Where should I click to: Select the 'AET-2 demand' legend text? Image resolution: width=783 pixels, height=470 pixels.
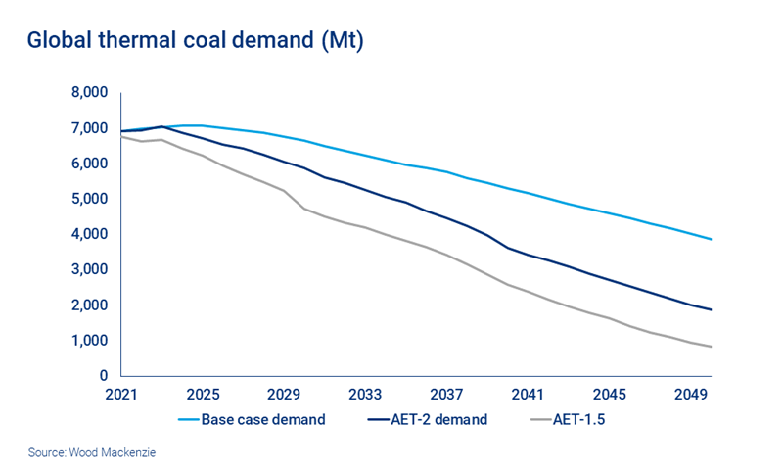(440, 420)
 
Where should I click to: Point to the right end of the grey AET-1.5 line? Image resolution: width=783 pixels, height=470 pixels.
(711, 347)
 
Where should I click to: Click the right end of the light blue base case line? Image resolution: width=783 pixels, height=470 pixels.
(711, 239)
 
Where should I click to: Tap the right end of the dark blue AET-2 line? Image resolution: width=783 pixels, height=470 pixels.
(711, 309)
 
